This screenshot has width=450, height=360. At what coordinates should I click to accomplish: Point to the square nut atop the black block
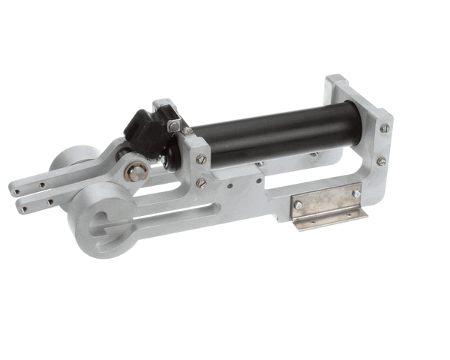click(174, 126)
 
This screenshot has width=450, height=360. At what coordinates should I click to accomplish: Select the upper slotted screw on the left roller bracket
click(200, 159)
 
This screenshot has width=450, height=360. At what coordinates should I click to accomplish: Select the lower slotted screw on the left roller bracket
click(201, 182)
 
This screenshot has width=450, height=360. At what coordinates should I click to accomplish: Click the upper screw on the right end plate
click(385, 128)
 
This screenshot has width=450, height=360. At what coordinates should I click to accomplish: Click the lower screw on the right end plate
click(381, 161)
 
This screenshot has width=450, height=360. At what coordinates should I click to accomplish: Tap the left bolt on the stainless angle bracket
click(298, 205)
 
